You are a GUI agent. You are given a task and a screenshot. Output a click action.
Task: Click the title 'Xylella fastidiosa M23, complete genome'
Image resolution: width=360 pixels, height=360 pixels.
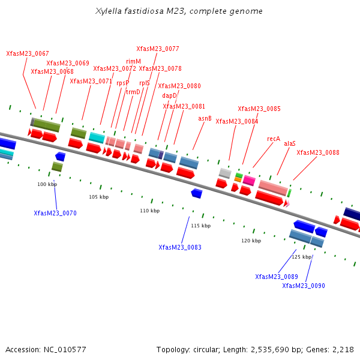point(179,11)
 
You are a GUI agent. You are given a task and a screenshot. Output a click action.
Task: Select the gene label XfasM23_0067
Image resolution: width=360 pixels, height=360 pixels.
point(28,54)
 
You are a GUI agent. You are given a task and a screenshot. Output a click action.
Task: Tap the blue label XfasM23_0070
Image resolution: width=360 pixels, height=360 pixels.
point(55,213)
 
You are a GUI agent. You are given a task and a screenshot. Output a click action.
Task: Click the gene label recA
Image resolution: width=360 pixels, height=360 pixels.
point(274,139)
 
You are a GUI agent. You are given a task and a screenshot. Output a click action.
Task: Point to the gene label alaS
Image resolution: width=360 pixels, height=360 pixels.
point(290,144)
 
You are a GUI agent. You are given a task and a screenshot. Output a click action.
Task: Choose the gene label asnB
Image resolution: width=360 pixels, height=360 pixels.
point(205,119)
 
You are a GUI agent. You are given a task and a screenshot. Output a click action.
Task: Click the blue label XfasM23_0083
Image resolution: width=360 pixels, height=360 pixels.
point(180,247)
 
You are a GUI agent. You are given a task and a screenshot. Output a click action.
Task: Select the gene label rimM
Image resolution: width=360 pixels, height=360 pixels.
point(133,61)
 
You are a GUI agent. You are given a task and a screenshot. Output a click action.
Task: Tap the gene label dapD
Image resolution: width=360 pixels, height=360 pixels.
point(169,95)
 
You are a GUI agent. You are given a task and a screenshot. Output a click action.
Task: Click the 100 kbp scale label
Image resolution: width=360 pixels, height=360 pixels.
point(47,184)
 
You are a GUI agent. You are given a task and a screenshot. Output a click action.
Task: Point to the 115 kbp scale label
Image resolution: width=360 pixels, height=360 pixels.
point(201,226)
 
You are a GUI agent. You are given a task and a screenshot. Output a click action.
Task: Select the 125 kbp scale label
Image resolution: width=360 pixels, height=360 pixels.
point(302,257)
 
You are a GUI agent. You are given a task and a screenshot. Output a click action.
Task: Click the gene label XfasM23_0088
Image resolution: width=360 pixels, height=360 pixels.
point(318,152)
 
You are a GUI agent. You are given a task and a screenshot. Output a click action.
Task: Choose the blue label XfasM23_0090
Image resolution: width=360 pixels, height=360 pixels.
point(304,286)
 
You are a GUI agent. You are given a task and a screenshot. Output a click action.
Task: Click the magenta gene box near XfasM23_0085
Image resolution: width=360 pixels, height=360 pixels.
point(249,180)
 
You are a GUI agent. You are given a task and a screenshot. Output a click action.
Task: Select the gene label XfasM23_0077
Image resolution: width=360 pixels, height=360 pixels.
point(158,49)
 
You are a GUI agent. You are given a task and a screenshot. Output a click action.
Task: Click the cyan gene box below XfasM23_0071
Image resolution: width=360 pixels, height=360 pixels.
point(97,138)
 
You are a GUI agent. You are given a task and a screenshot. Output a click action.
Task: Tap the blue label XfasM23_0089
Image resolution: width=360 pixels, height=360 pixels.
point(277,277)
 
